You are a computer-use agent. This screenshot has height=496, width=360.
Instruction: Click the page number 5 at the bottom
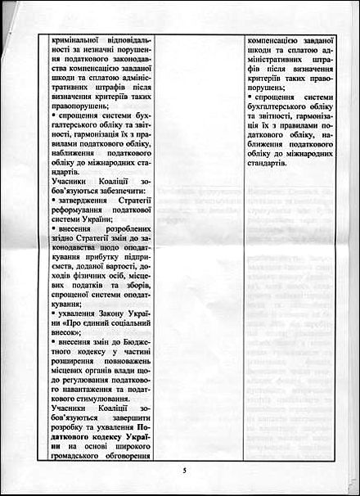click(185, 471)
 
